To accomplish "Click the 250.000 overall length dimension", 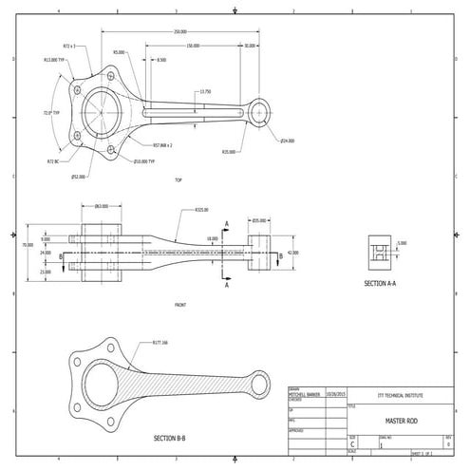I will tap(179, 31).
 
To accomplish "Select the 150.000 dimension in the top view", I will tap(193, 45).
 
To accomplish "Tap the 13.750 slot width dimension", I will tap(205, 91).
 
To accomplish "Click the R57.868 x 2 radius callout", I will tap(168, 145).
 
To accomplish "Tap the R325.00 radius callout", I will tap(201, 210).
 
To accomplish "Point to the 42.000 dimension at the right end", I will tap(291, 253).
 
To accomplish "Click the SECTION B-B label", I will tap(170, 439).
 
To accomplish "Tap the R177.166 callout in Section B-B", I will tap(158, 343).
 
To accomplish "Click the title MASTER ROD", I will tap(396, 419).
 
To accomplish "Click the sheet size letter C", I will tap(353, 442).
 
